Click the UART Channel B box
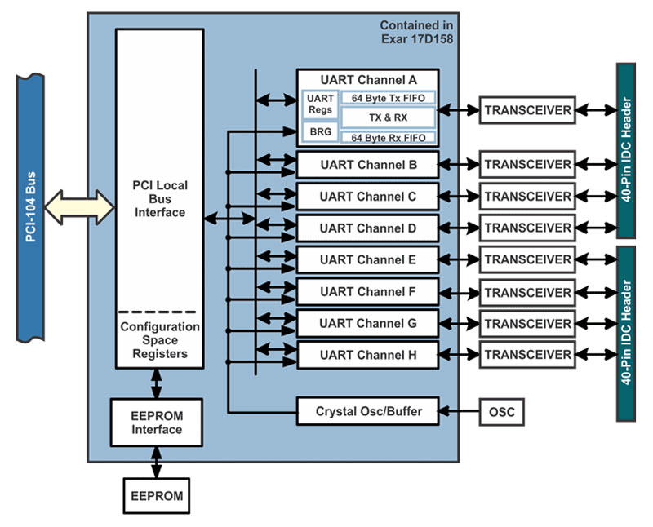click(368, 165)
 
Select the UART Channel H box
click(368, 355)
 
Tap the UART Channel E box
click(368, 260)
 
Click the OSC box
click(501, 412)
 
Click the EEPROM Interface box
click(155, 422)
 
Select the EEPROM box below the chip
click(155, 495)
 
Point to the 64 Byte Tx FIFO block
click(388, 98)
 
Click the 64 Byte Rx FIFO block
click(388, 138)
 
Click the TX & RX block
click(388, 118)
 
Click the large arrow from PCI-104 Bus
click(79, 206)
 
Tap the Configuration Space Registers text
click(160, 340)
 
